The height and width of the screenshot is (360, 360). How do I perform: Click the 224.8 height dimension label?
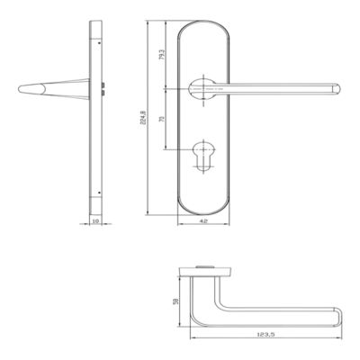click(143, 118)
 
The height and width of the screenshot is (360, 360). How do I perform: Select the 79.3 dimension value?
click(161, 54)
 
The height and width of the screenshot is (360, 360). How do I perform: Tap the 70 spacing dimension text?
click(162, 119)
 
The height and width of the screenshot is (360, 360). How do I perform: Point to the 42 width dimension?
click(203, 221)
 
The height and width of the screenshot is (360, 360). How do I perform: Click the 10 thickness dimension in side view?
click(95, 221)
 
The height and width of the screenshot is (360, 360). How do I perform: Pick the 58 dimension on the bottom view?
click(176, 301)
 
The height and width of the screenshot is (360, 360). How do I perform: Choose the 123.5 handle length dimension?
click(265, 334)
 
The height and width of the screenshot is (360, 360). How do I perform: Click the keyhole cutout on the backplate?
click(203, 156)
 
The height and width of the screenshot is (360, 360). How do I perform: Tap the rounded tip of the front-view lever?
click(337, 89)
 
